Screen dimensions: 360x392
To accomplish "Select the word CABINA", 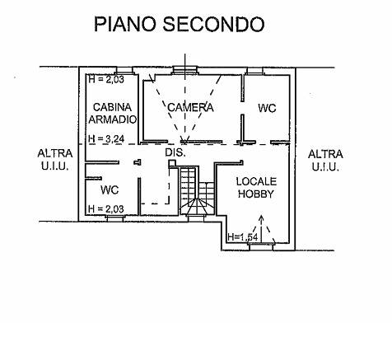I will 110,108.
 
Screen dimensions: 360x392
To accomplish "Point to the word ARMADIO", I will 110,119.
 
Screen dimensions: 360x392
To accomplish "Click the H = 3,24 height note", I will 105,139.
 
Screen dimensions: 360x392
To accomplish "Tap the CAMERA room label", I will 190,108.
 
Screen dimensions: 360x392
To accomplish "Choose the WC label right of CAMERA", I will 266,108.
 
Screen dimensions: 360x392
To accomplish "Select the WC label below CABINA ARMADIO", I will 110,190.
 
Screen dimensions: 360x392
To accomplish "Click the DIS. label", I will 175,153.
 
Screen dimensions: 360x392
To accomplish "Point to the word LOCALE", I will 256,181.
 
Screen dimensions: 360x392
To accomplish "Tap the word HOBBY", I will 256,194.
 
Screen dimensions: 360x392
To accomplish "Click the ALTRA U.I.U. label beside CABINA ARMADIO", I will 55,159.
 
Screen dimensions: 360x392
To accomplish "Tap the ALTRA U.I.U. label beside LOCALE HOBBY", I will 325,160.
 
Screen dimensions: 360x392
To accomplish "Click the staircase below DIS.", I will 194,193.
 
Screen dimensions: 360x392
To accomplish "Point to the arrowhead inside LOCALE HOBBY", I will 262,218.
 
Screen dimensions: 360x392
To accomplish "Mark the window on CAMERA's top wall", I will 189,69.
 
